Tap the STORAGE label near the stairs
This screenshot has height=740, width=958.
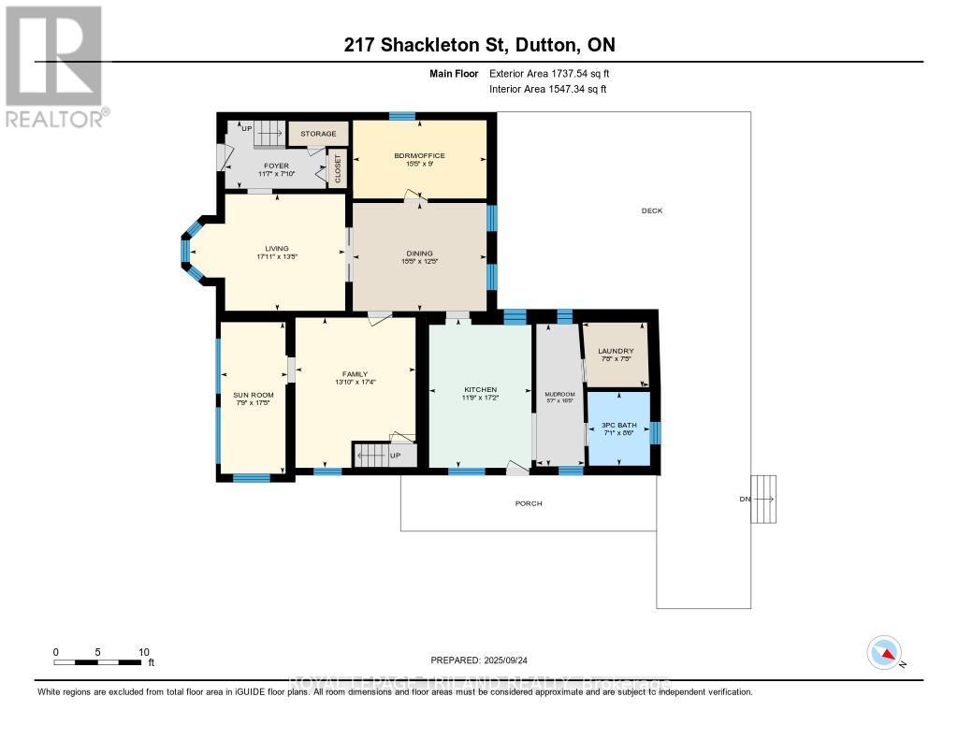[318, 134]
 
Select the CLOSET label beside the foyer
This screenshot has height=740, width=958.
[338, 168]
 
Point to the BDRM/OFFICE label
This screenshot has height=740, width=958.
[419, 155]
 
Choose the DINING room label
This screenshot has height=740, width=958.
[419, 253]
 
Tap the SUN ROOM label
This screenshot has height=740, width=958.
[253, 395]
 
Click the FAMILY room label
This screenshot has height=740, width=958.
[356, 373]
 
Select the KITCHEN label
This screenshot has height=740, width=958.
[480, 389]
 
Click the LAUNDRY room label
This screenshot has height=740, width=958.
[616, 351]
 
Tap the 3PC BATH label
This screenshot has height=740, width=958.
[618, 422]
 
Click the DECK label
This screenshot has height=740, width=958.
[652, 210]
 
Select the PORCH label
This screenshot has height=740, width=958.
[529, 503]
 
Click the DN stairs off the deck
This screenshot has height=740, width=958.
[763, 500]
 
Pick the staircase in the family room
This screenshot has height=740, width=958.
[370, 456]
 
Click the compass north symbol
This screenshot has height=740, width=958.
[885, 651]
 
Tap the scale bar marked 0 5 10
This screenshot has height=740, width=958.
[98, 662]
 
